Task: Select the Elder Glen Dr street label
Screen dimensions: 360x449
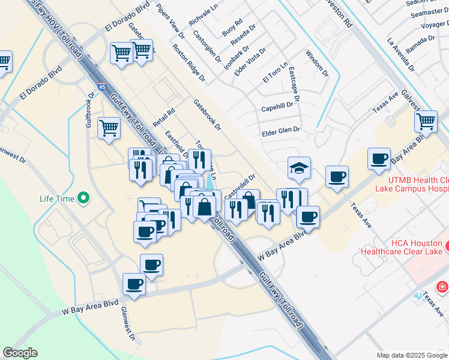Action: click(x=280, y=130)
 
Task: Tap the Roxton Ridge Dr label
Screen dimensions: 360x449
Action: click(x=188, y=62)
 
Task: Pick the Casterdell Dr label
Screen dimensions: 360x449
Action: click(x=240, y=187)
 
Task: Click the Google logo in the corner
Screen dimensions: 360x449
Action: click(x=20, y=353)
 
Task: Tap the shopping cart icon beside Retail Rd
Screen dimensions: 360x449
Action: click(x=109, y=128)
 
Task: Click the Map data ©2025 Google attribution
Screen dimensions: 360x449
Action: click(x=412, y=355)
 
